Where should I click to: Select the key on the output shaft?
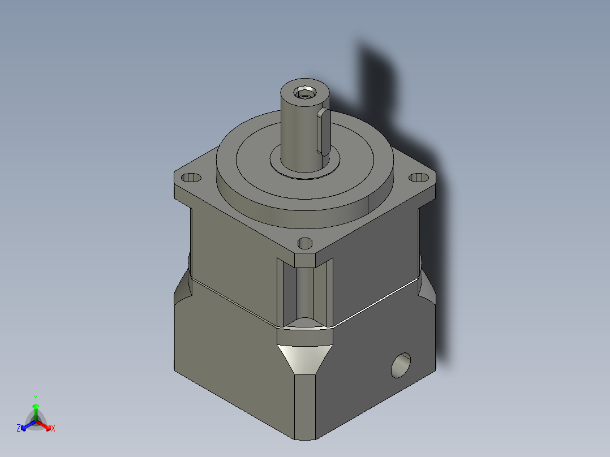(324, 131)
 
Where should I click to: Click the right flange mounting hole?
(419, 178)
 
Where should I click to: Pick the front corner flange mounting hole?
(305, 243)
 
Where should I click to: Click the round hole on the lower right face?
(402, 365)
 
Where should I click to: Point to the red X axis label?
(53, 429)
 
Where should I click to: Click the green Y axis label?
(35, 398)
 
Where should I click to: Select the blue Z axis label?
(19, 428)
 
